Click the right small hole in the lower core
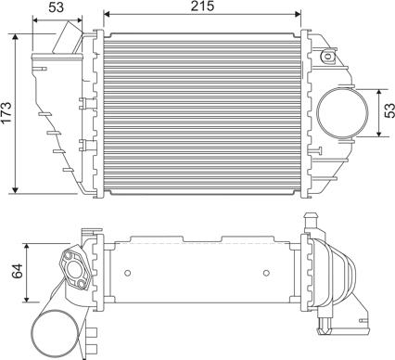click(x=266, y=273)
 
